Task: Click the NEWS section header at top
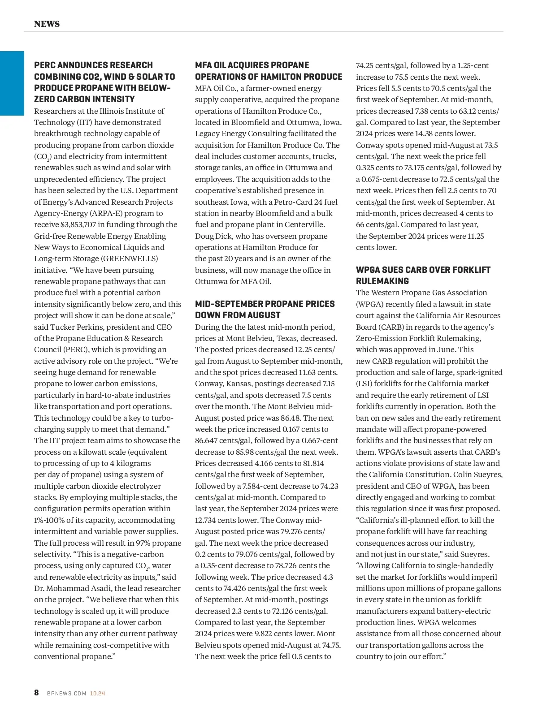tap(47, 24)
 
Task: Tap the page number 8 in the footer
tap(36, 693)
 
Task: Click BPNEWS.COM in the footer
tap(66, 693)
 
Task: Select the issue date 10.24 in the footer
tap(97, 693)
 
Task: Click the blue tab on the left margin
tap(12, 83)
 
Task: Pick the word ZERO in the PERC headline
tap(44, 99)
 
